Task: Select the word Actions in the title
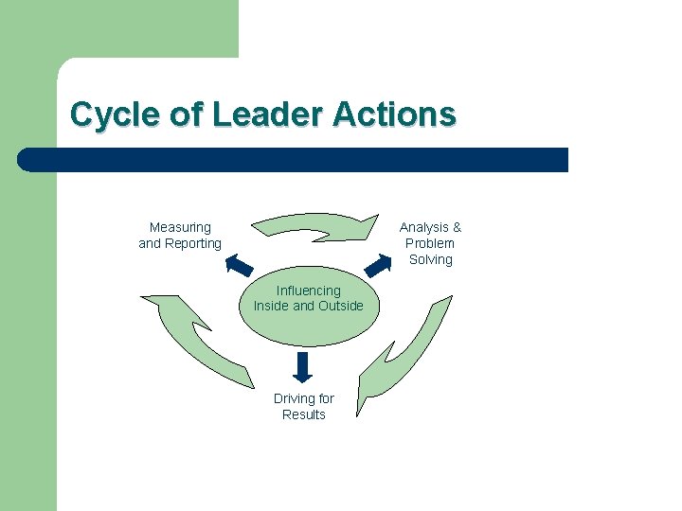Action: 394,115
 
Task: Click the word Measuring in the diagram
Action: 180,227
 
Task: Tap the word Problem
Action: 430,243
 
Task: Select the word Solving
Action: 430,259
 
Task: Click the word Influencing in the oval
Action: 308,291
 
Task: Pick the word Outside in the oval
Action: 340,306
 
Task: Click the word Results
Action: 303,414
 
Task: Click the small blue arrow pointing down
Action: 303,365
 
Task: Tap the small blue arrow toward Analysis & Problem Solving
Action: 379,262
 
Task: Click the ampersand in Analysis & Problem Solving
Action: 457,227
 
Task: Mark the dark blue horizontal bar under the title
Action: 294,160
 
